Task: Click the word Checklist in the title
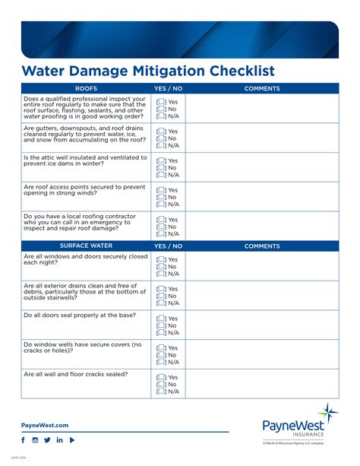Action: coord(232,71)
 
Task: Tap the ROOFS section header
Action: coord(86,89)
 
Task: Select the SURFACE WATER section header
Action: coord(86,246)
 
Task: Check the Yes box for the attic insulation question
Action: coord(161,161)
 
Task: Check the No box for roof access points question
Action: coord(161,197)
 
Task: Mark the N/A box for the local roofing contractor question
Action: coord(161,233)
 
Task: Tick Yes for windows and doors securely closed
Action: coord(161,260)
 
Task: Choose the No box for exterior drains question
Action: coord(161,296)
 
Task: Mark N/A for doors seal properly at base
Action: coord(161,332)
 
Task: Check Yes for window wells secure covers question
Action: coord(161,347)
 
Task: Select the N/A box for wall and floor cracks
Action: coord(161,392)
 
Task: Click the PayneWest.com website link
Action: coord(45,425)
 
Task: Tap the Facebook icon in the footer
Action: coord(23,440)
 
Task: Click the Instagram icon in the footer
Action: coord(35,440)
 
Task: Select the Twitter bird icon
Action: coord(47,440)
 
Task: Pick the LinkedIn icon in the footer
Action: coord(59,440)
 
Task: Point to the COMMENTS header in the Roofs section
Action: coord(262,89)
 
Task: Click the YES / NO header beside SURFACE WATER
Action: coord(168,246)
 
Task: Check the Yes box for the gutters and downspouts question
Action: coord(161,132)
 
